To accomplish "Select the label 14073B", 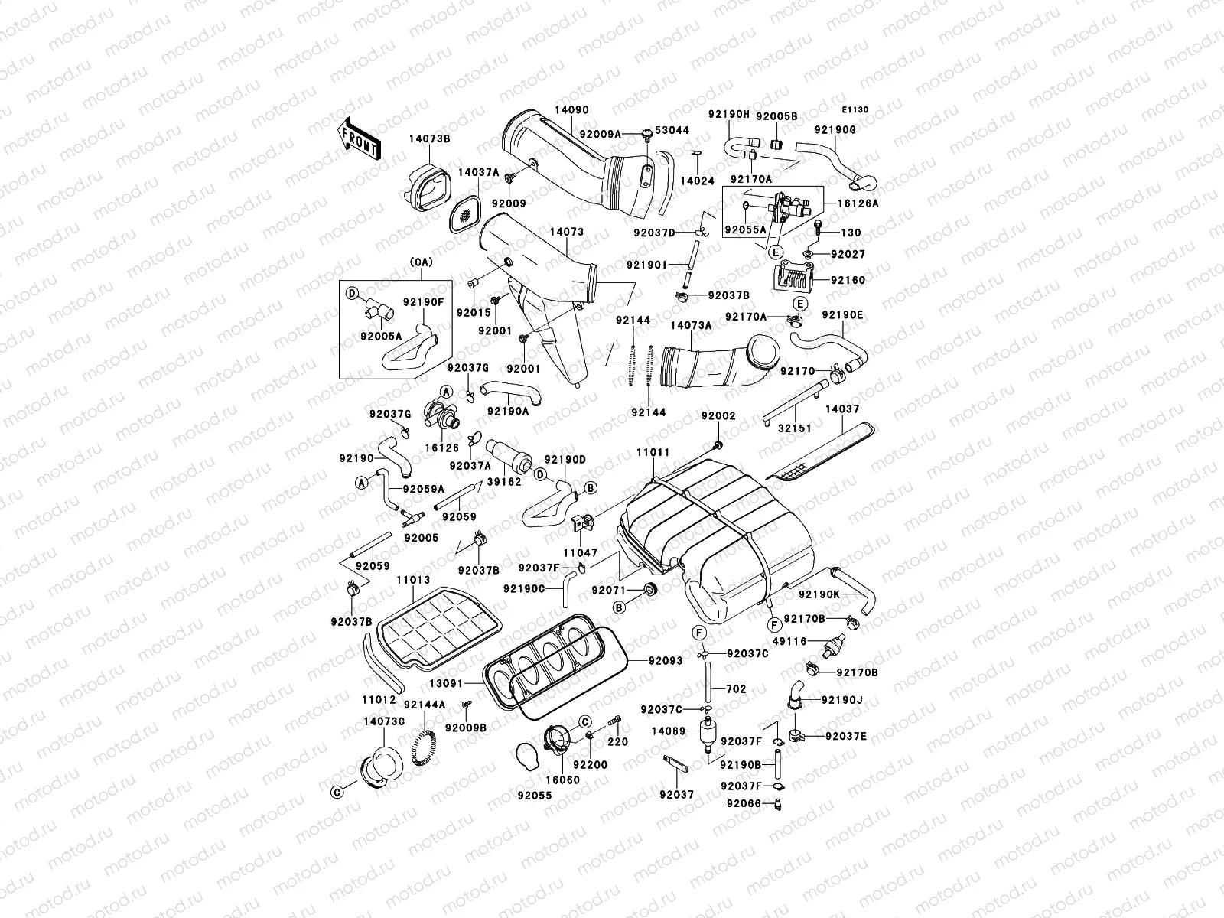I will pos(428,138).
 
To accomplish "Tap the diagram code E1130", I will pos(856,110).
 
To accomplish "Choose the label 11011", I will pos(653,453).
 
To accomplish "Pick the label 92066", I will pos(744,803).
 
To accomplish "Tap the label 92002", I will pos(718,415).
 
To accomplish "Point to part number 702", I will pos(736,689).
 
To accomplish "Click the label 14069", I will pos(668,731).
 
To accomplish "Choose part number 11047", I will pos(580,552).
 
